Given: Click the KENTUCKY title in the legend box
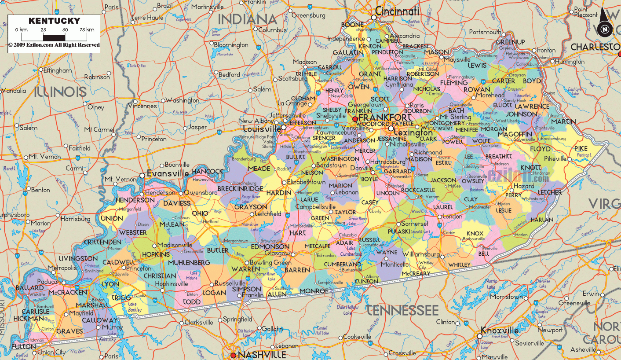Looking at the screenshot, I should click(x=54, y=21).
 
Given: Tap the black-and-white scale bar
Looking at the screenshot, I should click(x=54, y=37).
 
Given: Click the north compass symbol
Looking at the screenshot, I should click(x=605, y=29).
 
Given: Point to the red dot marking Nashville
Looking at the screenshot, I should click(x=234, y=355).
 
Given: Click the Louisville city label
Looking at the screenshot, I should click(x=262, y=129).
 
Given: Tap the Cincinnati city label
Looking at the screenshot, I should click(x=397, y=11).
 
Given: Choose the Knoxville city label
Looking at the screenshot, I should click(x=500, y=331).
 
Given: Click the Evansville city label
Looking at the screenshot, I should click(x=167, y=173).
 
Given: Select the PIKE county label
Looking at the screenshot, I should click(x=581, y=149).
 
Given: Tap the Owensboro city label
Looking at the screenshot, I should click(x=201, y=193).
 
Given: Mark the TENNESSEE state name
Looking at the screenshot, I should click(x=402, y=310).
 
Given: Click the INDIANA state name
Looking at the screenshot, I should click(x=248, y=19).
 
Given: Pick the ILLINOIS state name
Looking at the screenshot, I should click(x=60, y=92).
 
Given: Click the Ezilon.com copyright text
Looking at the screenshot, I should click(x=54, y=45).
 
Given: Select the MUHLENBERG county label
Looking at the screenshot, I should click(x=189, y=263).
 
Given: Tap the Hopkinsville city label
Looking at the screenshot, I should click(x=174, y=284).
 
